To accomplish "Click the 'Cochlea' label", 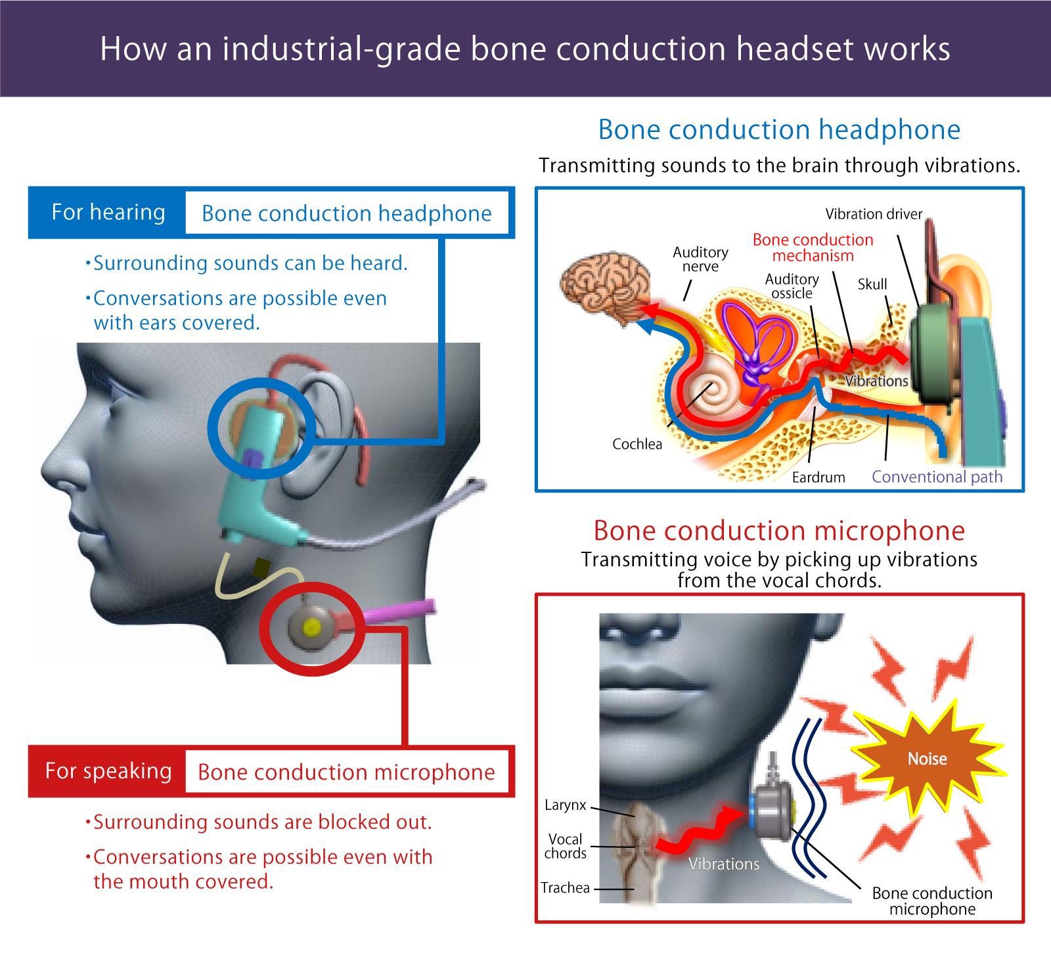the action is click(637, 444).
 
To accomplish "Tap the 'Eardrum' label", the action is click(818, 477).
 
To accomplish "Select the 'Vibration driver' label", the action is click(874, 214).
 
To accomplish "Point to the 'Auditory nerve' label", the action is click(700, 259).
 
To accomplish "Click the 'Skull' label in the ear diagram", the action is click(872, 284).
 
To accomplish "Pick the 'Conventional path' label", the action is click(937, 477).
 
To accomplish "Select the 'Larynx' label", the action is click(565, 805).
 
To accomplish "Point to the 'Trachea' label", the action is click(565, 888).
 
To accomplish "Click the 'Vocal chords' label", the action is click(566, 847).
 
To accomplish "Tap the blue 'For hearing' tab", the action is click(108, 213).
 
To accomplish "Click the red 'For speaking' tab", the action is click(108, 771).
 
